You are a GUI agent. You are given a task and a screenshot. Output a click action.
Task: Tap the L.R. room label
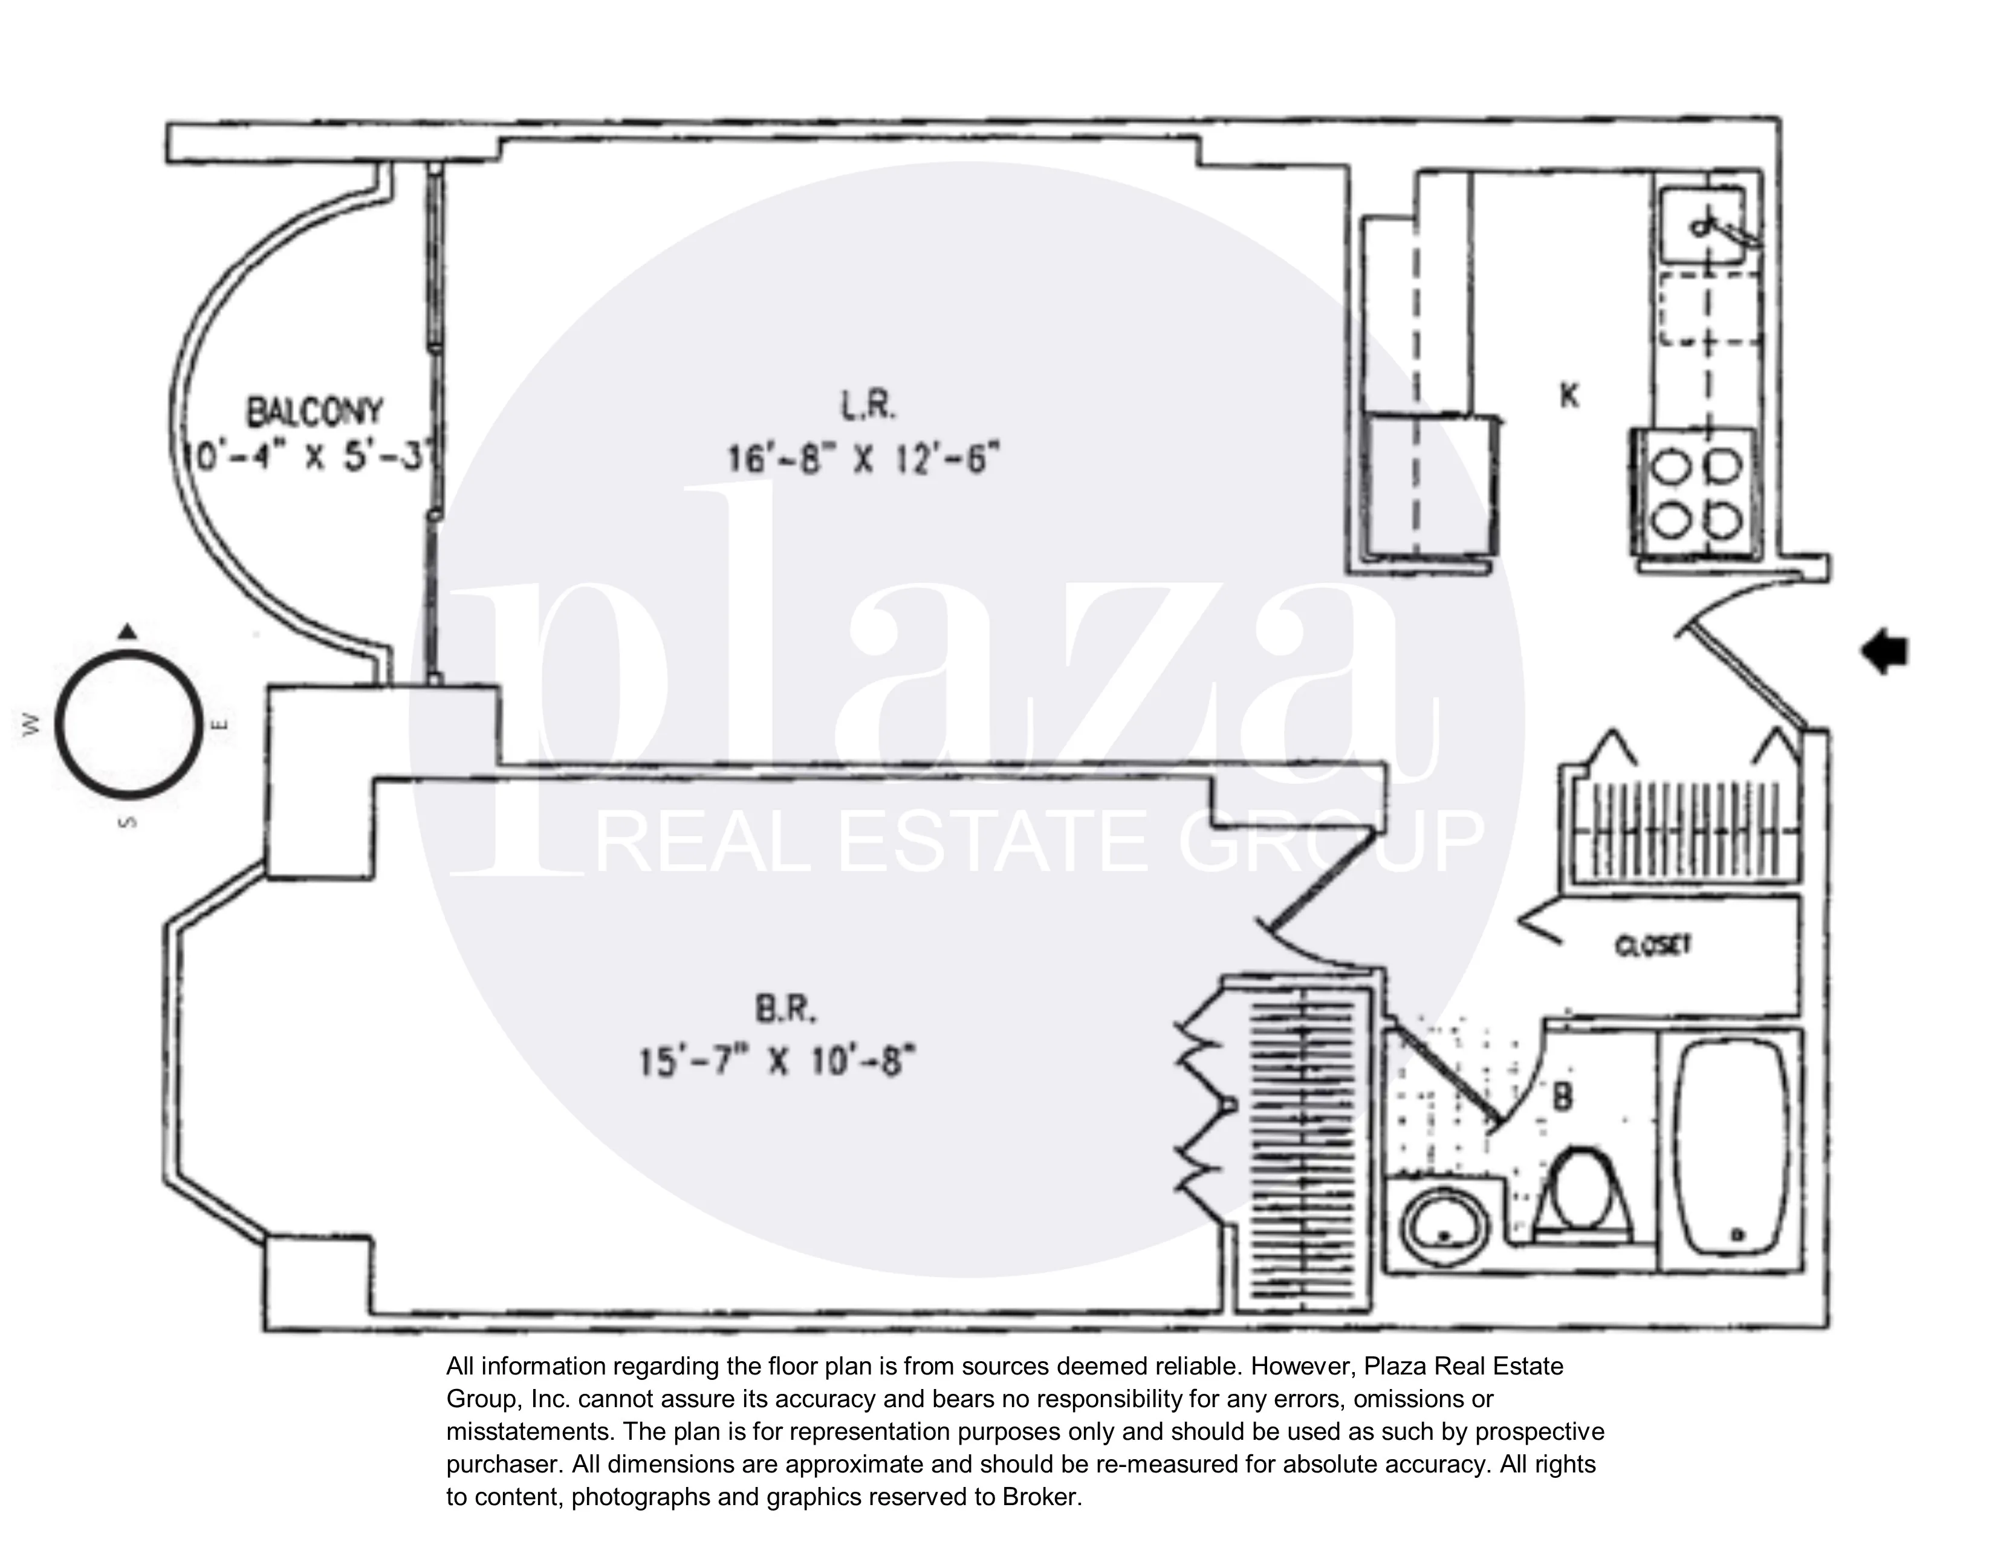[x=868, y=405]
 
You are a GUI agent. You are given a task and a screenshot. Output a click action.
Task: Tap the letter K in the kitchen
[x=1568, y=395]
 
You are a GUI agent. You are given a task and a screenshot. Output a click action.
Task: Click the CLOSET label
[x=1653, y=946]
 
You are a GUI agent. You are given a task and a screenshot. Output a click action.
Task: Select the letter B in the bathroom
[x=1563, y=1097]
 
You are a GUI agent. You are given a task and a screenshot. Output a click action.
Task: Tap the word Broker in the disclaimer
[x=1040, y=1497]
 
